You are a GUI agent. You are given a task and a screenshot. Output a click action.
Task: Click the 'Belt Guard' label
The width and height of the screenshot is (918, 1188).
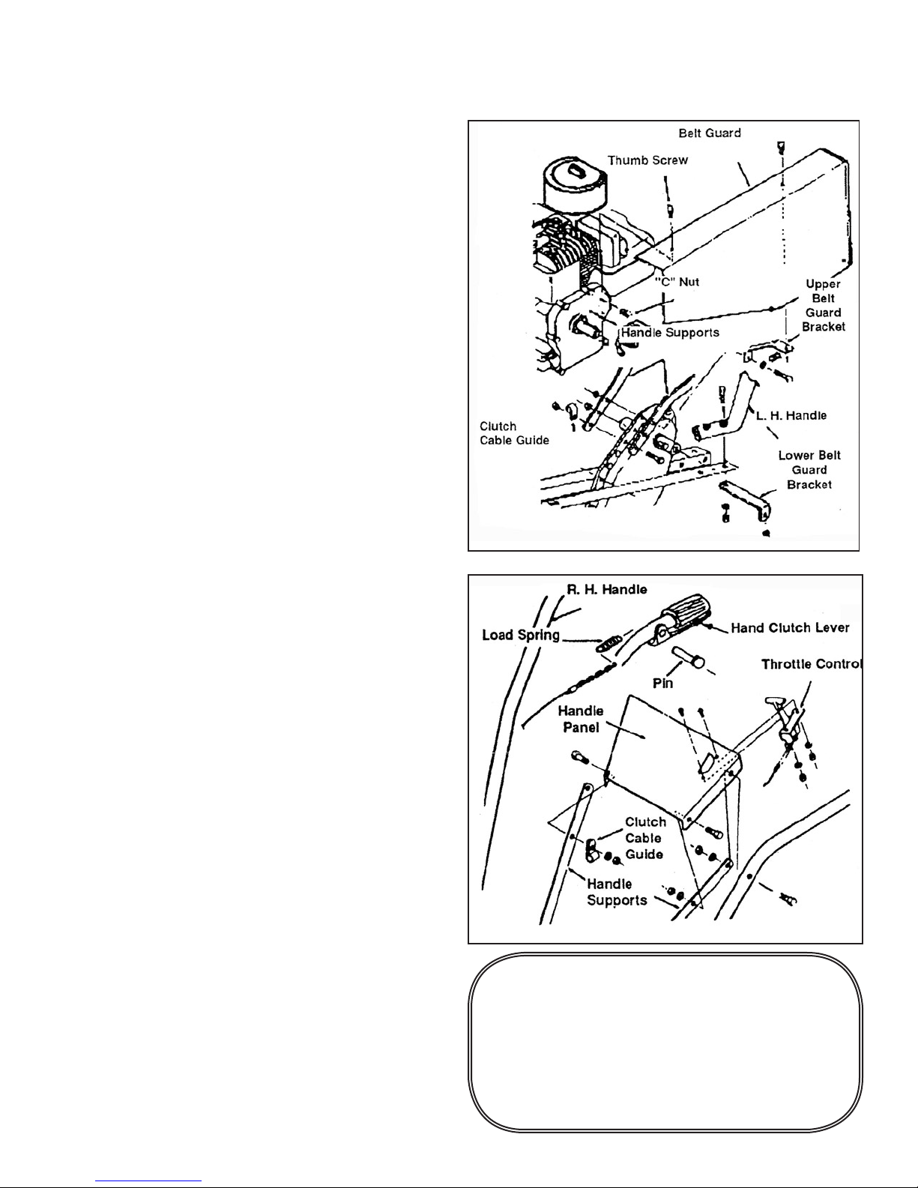click(x=709, y=133)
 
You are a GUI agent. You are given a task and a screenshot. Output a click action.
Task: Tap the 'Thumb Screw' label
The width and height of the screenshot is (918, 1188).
click(x=647, y=160)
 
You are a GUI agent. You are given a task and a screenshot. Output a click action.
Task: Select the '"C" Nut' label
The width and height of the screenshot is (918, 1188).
click(x=677, y=282)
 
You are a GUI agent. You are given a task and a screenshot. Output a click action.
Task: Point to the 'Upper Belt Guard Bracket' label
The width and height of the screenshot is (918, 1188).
click(x=824, y=305)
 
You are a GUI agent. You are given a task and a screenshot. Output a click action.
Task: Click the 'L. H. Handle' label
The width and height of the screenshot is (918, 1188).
click(x=791, y=415)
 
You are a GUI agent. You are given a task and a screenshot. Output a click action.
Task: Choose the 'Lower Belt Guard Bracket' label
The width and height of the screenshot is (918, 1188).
click(x=809, y=470)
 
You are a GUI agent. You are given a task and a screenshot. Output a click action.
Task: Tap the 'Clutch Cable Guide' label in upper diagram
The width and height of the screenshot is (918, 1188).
click(x=514, y=433)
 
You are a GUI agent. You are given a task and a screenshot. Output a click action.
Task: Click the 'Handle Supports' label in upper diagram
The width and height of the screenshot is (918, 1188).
click(x=670, y=332)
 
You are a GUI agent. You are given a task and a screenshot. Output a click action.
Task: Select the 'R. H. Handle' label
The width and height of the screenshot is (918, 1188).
click(x=606, y=589)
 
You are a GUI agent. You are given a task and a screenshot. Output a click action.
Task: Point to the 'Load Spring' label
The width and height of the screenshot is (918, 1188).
click(x=521, y=635)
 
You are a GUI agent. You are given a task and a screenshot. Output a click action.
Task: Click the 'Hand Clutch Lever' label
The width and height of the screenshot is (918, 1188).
click(x=790, y=627)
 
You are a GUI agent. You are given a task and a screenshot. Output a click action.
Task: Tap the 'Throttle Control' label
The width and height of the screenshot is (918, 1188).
click(x=812, y=663)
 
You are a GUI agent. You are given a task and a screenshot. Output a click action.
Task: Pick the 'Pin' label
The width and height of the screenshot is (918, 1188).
click(x=662, y=683)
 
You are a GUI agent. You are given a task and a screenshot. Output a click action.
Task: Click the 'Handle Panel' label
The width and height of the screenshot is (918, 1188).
click(x=581, y=719)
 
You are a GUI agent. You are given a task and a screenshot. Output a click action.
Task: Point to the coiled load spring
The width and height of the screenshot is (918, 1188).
click(x=608, y=643)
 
